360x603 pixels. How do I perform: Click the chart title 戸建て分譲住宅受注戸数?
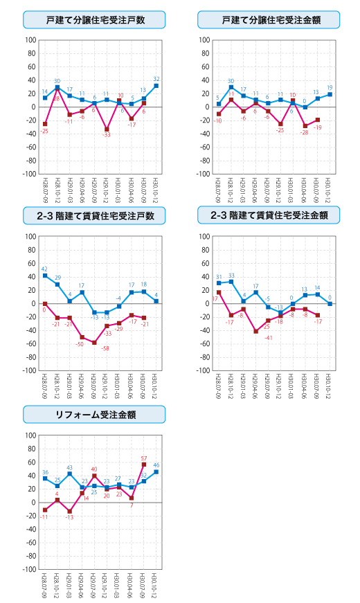(94, 19)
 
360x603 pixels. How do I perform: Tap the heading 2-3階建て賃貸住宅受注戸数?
(94, 216)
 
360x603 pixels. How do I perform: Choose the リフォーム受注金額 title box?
(94, 415)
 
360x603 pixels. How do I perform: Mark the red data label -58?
(106, 348)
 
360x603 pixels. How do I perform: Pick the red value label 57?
(144, 458)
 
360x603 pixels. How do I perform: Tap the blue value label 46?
(156, 465)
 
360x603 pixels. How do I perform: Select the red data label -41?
(268, 338)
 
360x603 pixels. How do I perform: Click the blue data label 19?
(330, 88)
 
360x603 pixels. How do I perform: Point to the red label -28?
(304, 132)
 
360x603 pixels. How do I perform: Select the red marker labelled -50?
(82, 337)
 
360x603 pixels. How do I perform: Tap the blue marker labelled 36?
(45, 478)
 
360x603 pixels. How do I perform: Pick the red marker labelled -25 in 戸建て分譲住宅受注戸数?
(45, 124)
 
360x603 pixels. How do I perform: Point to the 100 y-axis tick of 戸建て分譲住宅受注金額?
(205, 40)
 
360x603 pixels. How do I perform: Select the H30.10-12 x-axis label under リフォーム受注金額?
(156, 586)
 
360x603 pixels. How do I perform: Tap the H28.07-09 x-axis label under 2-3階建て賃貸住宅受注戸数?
(45, 387)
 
